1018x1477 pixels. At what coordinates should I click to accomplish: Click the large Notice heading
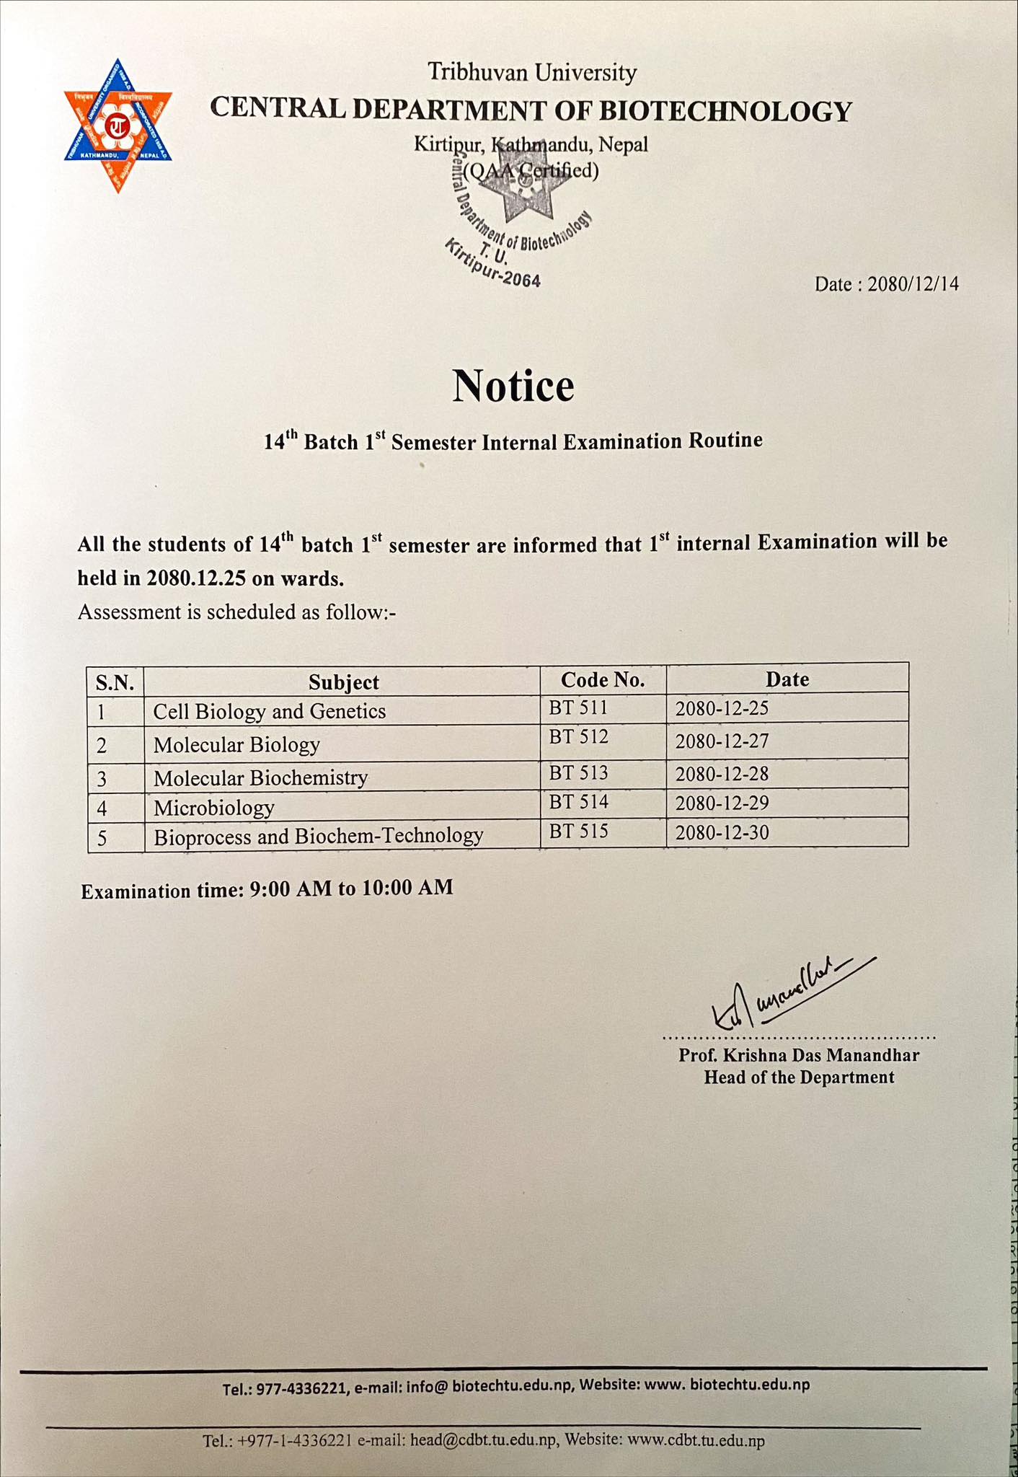tap(513, 386)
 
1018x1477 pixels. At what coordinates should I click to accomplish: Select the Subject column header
tap(343, 682)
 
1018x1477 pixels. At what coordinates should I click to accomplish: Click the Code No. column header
tap(603, 679)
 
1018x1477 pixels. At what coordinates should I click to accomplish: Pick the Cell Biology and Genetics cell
tap(270, 712)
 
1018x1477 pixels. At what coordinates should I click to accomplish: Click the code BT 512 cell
tap(578, 737)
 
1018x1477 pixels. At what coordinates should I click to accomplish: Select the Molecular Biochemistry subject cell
tap(260, 777)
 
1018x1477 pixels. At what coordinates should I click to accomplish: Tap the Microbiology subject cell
tap(213, 807)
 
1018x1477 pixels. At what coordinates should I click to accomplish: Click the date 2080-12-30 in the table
tap(722, 833)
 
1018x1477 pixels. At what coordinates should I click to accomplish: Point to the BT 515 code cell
tap(578, 832)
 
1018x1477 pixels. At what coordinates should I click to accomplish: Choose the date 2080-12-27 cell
tap(722, 741)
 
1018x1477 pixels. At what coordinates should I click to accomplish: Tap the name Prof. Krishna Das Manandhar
tap(798, 1056)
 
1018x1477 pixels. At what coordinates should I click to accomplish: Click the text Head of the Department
tap(798, 1077)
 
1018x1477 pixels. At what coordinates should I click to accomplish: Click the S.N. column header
tap(115, 682)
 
